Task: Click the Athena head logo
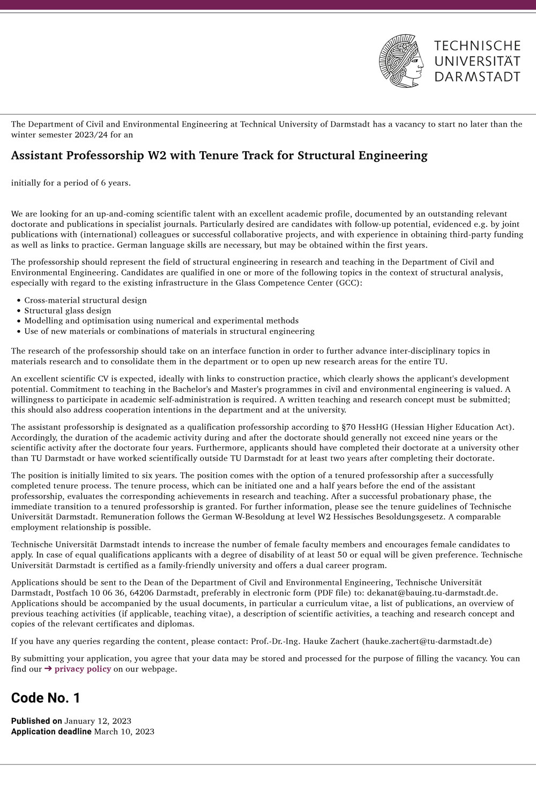pos(401,61)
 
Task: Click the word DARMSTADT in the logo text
pos(477,77)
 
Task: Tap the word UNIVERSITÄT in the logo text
pos(477,61)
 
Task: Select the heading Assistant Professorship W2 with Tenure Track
pos(219,155)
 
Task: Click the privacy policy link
pos(83,668)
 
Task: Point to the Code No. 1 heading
pos(46,697)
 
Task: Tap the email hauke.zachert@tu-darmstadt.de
pos(427,641)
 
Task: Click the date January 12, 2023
pos(98,720)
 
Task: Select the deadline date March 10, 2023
pos(124,731)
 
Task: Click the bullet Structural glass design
pos(68,310)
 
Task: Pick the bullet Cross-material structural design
pos(85,300)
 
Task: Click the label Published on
pos(36,720)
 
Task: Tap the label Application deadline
pos(51,731)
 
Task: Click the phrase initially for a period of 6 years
pos(71,183)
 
